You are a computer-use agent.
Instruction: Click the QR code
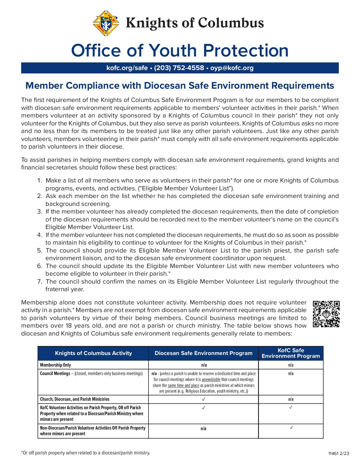coord(326,314)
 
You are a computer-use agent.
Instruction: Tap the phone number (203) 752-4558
coord(179,68)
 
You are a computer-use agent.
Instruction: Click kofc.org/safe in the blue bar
coord(127,68)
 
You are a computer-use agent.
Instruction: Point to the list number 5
coord(40,251)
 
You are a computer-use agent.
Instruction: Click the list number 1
coord(40,180)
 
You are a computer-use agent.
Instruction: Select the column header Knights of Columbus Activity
coord(93,353)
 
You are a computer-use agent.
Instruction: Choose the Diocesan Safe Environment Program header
coord(203,353)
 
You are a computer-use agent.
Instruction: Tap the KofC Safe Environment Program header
coord(291,353)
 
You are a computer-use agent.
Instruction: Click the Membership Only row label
coord(56,365)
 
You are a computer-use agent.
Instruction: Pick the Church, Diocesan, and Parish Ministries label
coord(75,399)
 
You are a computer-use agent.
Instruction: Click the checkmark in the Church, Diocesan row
coord(203,399)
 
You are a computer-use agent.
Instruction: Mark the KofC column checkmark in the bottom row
coord(291,428)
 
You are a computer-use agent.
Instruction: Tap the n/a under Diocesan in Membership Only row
coord(203,365)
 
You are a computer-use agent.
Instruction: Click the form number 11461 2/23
coord(339,454)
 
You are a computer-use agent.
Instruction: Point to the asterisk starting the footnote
coord(22,452)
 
